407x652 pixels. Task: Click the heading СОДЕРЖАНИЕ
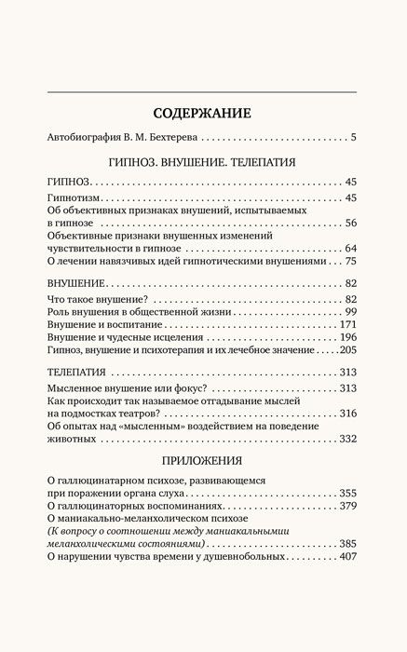coord(203,114)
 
